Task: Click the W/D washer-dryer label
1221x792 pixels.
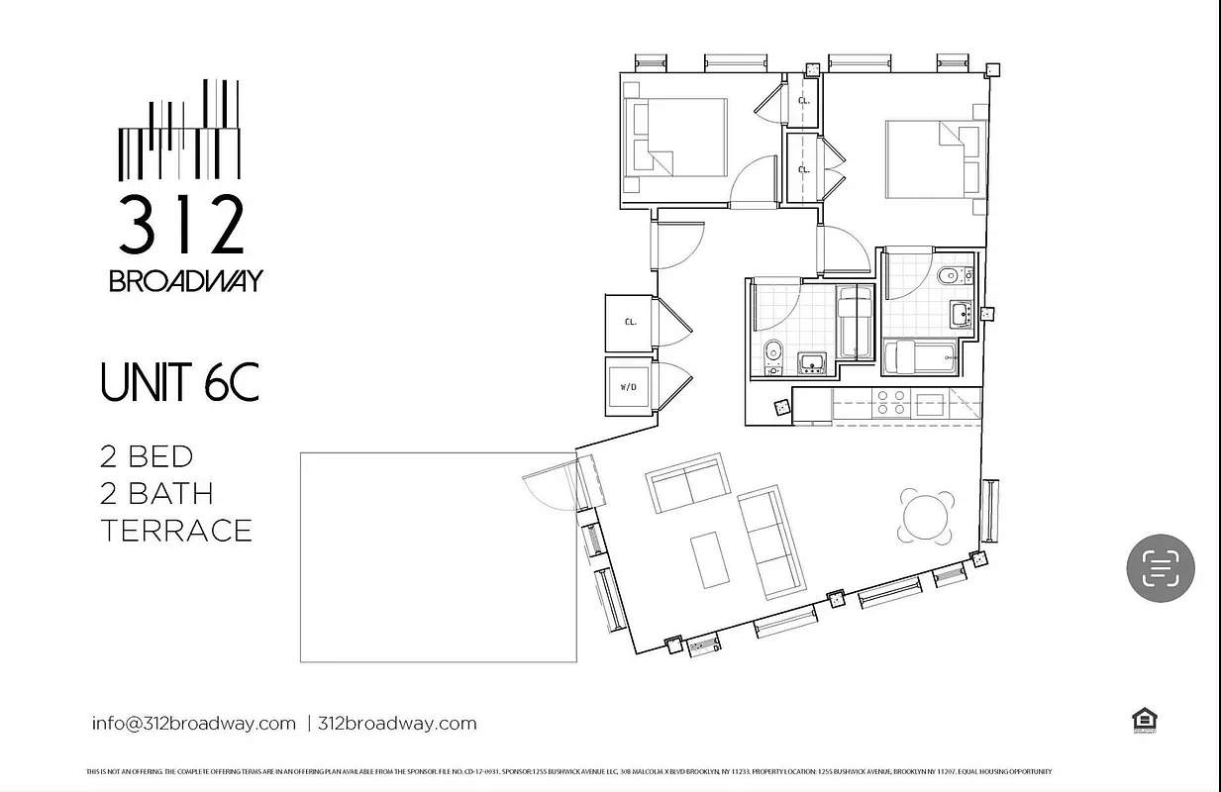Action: (629, 387)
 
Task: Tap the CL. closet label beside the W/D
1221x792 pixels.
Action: (630, 323)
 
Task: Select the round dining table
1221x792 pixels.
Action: (927, 517)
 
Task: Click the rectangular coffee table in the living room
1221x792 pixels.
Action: (710, 558)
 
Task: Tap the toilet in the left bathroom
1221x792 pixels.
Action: (774, 350)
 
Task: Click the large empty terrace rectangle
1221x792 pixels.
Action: (438, 556)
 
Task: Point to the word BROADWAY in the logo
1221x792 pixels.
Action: (185, 281)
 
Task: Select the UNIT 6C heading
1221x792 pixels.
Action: (179, 384)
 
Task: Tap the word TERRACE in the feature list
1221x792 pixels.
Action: (176, 531)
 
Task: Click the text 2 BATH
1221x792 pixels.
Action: (156, 493)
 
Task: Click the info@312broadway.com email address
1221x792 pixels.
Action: (194, 723)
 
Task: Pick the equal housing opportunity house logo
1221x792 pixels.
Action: (1145, 721)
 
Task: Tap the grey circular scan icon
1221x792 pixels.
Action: (1161, 568)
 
